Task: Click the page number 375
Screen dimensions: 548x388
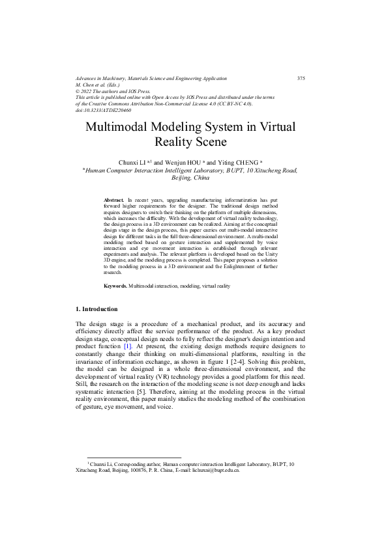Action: pos(301,78)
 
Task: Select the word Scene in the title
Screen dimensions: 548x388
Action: pos(208,141)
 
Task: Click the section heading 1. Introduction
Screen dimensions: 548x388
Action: pos(97,326)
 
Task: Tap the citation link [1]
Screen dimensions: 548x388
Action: pos(128,347)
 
